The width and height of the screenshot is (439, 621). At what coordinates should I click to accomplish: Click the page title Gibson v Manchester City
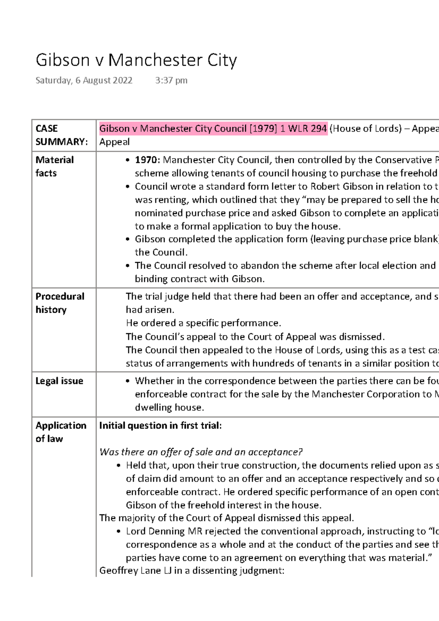pos(136,60)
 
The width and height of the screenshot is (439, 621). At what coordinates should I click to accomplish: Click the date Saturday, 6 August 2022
pos(84,80)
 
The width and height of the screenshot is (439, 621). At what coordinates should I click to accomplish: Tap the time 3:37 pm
pos(171,80)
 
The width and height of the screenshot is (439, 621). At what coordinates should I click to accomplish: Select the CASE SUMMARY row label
pos(61,135)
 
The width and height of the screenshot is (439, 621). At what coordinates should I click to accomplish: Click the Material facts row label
pos(55,166)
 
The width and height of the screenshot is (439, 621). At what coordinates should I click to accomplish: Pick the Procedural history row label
pos(60,303)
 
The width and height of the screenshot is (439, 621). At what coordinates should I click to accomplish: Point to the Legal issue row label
pos(59,381)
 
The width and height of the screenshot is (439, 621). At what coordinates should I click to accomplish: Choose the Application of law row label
pos(61,432)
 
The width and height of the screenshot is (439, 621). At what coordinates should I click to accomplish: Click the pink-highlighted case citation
pos(213,129)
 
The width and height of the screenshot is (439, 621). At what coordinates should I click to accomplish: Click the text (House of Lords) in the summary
pos(365,129)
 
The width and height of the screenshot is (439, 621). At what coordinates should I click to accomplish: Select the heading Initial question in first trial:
pos(160,425)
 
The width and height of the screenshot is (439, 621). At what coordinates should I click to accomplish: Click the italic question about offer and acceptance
pos(201,452)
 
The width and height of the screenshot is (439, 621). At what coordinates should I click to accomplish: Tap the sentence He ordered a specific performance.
pos(203,323)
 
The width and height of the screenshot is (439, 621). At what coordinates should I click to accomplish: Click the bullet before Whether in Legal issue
pos(127,381)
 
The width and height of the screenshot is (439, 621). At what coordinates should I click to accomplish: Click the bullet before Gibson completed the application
pos(127,240)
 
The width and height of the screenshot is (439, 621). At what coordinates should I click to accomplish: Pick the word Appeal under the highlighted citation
pos(115,142)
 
